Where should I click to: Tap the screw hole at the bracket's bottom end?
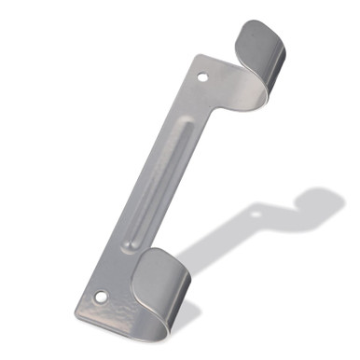(x=101, y=298)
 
